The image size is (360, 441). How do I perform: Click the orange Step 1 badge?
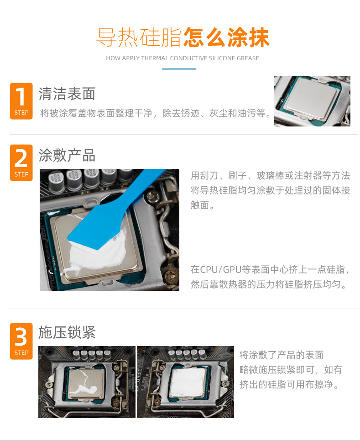[x=21, y=101]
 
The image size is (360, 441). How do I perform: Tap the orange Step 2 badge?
[x=21, y=163]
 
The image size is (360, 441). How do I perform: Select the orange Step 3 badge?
[x=21, y=341]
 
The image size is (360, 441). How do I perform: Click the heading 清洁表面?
[x=67, y=94]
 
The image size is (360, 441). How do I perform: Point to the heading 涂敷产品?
[x=67, y=155]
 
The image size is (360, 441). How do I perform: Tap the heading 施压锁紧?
[x=67, y=332]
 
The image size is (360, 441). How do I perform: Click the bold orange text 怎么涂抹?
[x=226, y=37]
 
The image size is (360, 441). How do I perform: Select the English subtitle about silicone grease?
[x=183, y=58]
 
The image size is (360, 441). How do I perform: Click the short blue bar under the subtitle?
[x=179, y=69]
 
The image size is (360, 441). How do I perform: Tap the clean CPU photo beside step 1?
[x=312, y=101]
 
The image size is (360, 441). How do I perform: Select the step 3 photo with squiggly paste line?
[x=87, y=382]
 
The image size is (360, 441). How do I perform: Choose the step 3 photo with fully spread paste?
[x=186, y=382]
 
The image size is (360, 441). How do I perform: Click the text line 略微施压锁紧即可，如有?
[x=291, y=370]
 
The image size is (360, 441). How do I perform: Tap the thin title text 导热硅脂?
[x=139, y=37]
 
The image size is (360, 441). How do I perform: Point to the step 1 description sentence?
[x=156, y=113]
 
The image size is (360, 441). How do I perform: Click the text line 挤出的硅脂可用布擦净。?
[x=289, y=384]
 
